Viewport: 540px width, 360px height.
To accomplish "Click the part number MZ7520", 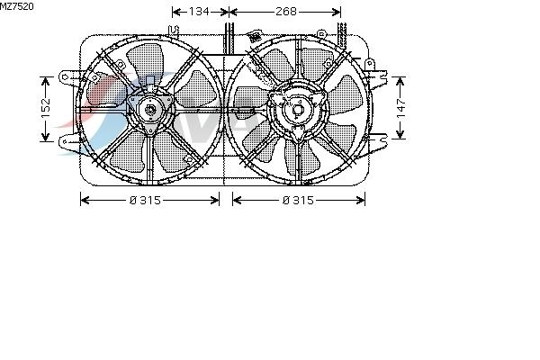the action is point(17,6).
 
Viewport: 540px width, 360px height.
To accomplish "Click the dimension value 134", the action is point(199,12).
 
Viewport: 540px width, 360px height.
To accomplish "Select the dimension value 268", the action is point(286,12).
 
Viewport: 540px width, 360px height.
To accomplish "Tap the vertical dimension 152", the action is point(46,108).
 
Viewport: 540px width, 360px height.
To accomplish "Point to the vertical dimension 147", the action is point(401,108).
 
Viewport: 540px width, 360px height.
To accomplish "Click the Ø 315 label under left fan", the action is point(145,200).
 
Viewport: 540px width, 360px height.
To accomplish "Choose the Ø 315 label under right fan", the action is point(298,200).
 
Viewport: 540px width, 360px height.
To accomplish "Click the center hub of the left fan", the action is point(150,110).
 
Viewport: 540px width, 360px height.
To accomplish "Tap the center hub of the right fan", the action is point(298,110).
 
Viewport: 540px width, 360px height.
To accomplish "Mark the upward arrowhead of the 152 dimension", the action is point(46,81).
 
